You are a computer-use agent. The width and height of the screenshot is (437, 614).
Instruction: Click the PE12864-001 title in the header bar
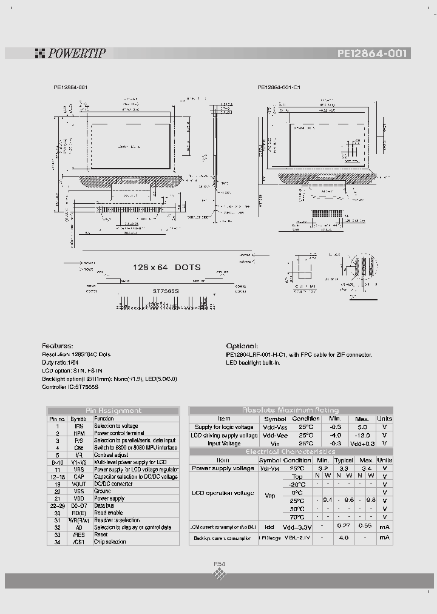(373, 53)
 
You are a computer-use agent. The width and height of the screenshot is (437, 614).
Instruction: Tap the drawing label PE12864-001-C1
(279, 87)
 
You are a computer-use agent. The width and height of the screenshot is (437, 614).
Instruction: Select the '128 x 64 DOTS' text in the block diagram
(166, 267)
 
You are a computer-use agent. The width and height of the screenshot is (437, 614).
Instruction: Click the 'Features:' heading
(58, 345)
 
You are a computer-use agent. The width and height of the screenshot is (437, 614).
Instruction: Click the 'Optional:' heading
(242, 345)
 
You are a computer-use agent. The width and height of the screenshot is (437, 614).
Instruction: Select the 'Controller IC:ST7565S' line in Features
(70, 386)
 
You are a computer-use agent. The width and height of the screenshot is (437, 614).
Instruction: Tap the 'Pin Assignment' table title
(113, 410)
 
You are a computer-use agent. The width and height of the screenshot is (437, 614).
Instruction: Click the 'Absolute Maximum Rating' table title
(291, 410)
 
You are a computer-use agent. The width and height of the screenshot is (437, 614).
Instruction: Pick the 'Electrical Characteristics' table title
(290, 451)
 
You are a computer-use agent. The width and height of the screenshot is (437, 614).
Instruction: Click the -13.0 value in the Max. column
(362, 435)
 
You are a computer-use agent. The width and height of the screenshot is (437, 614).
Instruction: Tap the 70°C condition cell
(297, 517)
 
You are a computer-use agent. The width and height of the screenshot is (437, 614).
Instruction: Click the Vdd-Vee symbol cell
(275, 435)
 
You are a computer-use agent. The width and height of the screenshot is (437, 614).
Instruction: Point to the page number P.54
(219, 564)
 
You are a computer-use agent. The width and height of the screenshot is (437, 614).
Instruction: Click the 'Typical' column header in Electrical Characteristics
(345, 460)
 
